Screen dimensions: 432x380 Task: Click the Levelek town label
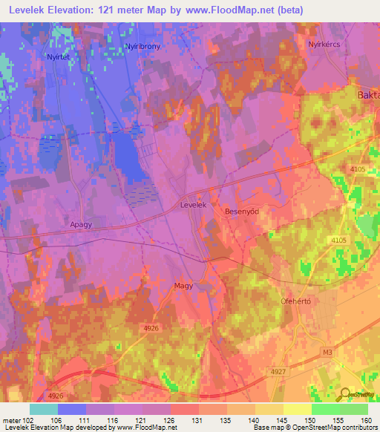192,203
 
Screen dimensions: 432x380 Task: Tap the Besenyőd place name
240,212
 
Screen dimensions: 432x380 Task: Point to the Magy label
183,285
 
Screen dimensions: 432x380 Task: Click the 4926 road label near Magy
151,327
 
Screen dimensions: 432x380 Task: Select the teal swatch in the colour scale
44,409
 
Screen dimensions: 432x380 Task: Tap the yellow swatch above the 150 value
298,409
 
